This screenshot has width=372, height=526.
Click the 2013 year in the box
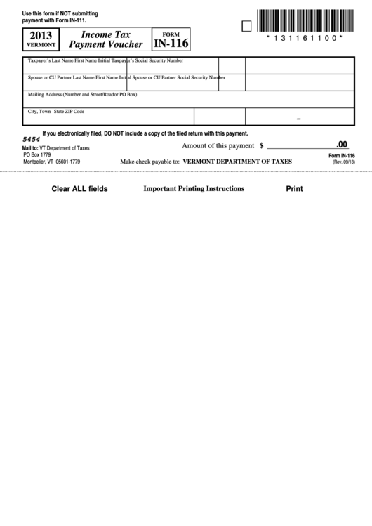tap(40, 34)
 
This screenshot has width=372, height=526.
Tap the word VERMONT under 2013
tap(40, 44)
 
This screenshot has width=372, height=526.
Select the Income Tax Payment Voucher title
tap(106, 39)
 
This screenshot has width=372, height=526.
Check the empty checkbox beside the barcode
tap(246, 26)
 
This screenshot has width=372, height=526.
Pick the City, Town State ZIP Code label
tap(56, 111)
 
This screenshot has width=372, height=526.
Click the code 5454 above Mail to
tap(32, 140)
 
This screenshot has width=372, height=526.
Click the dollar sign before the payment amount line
tap(261, 146)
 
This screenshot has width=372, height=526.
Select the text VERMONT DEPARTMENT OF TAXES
tap(237, 162)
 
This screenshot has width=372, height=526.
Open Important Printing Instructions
tap(194, 188)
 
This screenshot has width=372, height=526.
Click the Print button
tap(294, 188)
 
